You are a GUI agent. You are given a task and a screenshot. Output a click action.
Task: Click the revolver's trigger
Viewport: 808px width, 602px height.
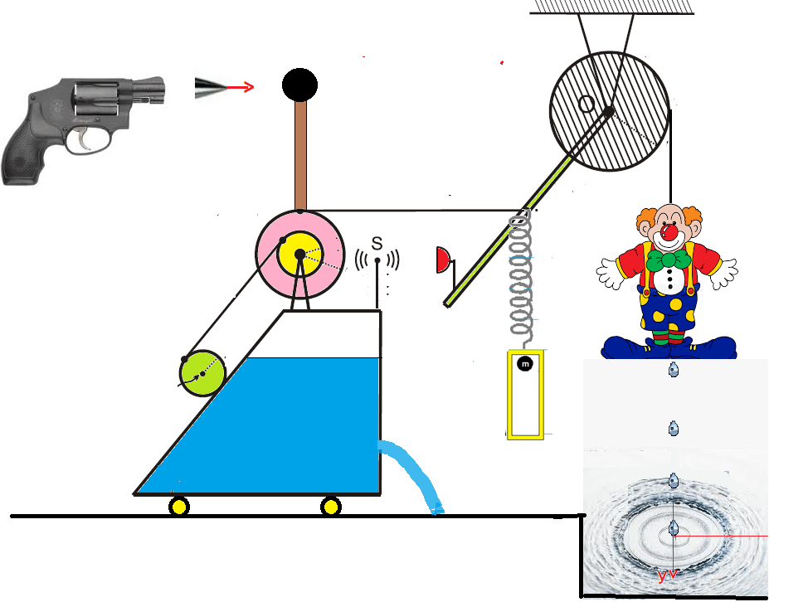tap(85, 142)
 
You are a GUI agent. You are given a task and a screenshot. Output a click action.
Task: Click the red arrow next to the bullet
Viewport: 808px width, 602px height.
tap(241, 87)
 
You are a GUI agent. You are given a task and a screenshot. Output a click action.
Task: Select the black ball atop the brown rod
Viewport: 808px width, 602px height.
tap(299, 84)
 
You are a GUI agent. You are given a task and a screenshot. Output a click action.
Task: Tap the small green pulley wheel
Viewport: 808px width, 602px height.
tap(202, 373)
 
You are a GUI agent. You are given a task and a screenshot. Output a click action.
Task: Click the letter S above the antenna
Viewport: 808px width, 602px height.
tap(377, 243)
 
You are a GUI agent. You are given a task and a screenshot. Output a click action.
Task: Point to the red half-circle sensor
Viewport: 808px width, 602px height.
tap(442, 260)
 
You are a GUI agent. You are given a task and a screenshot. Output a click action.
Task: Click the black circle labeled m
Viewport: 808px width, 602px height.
tap(524, 363)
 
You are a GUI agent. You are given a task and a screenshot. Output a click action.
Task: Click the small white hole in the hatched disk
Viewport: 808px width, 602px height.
tap(586, 104)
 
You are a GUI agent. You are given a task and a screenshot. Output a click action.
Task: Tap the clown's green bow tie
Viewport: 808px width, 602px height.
tap(669, 260)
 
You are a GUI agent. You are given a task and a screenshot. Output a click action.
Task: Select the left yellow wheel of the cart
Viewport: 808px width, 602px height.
tap(179, 506)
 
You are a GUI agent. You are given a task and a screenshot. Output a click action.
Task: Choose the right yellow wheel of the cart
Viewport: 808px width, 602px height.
tap(331, 506)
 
